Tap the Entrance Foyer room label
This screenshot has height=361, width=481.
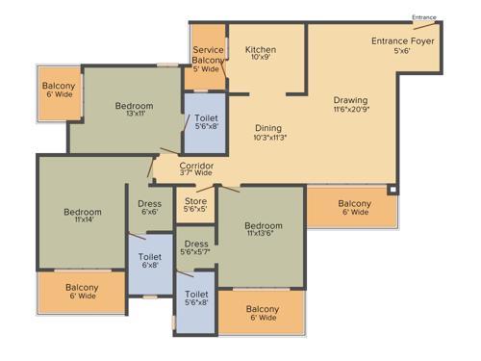click(x=403, y=46)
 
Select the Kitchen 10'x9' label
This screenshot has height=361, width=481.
click(x=261, y=55)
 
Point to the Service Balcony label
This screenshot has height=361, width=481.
click(x=209, y=60)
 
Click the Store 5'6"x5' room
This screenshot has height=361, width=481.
click(x=196, y=208)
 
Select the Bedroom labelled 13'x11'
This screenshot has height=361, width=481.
click(x=134, y=112)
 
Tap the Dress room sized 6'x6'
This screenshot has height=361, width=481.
click(x=149, y=208)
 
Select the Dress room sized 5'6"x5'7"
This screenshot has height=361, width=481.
click(x=196, y=249)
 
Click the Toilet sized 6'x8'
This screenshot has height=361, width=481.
click(x=149, y=263)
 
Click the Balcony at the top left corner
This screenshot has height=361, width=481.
click(x=58, y=90)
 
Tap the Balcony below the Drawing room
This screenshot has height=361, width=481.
click(x=354, y=208)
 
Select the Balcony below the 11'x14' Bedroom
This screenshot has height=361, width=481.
click(x=82, y=293)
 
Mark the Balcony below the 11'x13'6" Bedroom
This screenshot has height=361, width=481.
click(x=262, y=313)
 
